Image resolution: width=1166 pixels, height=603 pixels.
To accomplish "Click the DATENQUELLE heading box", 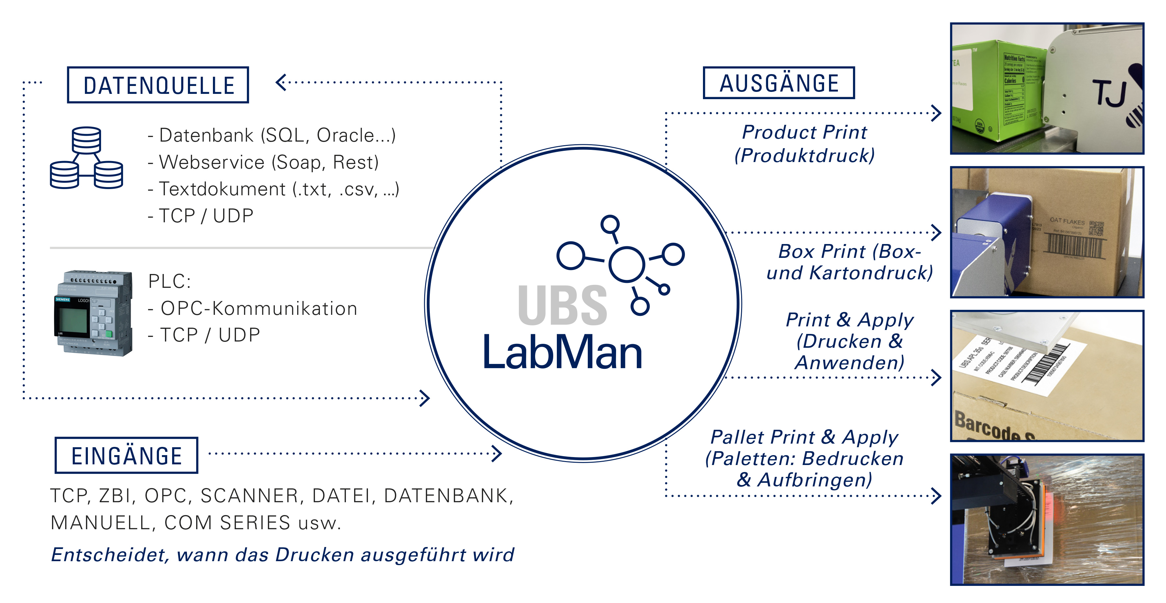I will (x=158, y=85).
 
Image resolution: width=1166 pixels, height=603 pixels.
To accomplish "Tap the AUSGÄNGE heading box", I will (x=779, y=83).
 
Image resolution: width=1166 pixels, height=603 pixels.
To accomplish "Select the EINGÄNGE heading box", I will (x=126, y=455).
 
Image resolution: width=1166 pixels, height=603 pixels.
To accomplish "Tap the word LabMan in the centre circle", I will (x=563, y=352).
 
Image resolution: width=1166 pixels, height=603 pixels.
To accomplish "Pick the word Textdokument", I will (x=222, y=189).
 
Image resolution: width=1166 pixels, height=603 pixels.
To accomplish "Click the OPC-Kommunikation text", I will (x=259, y=309).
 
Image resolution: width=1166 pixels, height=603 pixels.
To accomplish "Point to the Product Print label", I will (x=804, y=132).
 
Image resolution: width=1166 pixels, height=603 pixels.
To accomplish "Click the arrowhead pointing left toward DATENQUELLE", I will (x=281, y=82).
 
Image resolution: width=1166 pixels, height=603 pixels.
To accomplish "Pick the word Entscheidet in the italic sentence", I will (x=109, y=555).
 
